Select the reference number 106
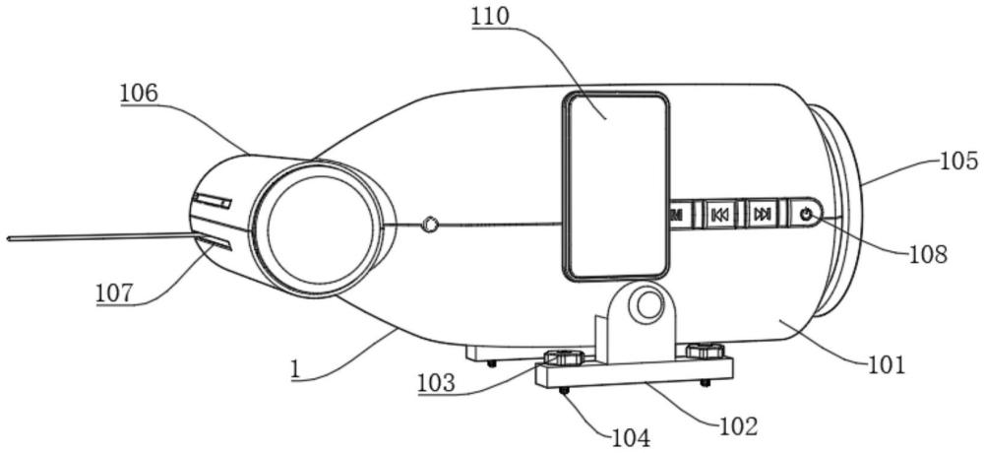[x=140, y=94]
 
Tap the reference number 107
[x=115, y=292]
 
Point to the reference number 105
[x=958, y=162]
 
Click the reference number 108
[x=928, y=254]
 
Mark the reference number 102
[x=739, y=426]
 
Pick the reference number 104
[x=631, y=436]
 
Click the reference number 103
[x=437, y=383]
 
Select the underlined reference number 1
[x=295, y=369]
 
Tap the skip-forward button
[x=763, y=215]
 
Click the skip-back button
[x=719, y=216]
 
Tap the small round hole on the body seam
[x=430, y=224]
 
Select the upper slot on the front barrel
[x=213, y=201]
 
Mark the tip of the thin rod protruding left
[x=8, y=238]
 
